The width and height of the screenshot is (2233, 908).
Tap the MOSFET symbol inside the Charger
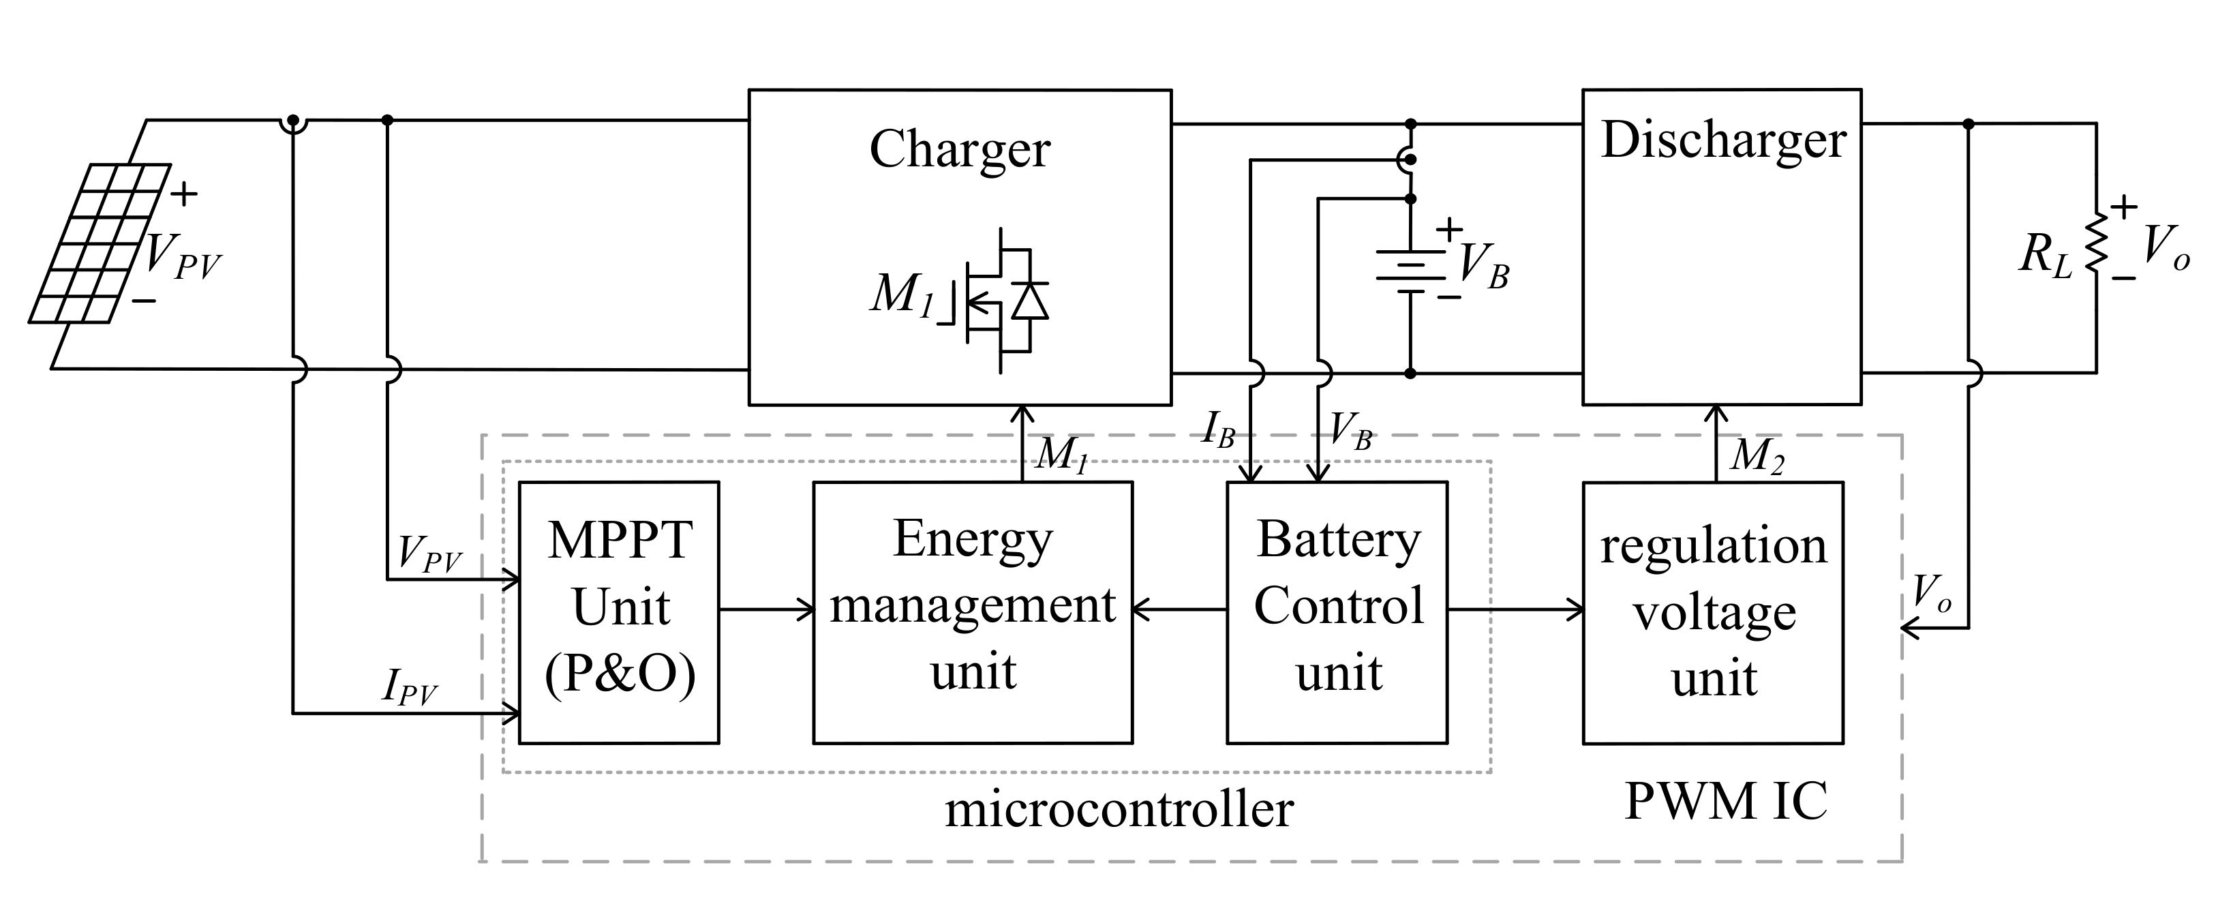[1005, 300]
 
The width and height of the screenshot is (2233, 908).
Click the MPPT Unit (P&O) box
[619, 612]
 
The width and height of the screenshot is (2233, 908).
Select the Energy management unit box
[973, 612]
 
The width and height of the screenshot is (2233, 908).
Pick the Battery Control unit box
[1337, 612]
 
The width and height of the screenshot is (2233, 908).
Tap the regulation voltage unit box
[1713, 612]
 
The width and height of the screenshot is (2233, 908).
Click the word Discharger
[1723, 140]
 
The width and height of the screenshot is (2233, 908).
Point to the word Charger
[960, 149]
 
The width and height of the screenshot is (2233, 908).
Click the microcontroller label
[1119, 810]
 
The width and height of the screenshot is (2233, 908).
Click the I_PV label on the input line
[409, 687]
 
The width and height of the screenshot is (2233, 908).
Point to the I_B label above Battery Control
[1218, 428]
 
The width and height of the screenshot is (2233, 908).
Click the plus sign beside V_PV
[184, 194]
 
